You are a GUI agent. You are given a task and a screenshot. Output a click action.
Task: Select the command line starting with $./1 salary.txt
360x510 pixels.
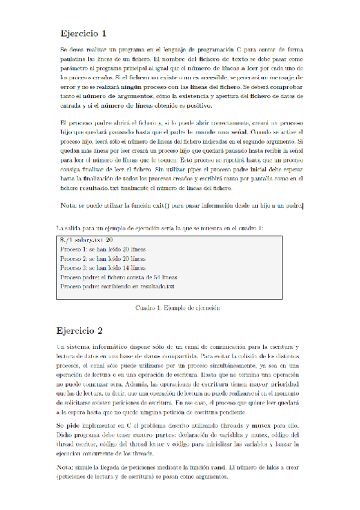pos(84,239)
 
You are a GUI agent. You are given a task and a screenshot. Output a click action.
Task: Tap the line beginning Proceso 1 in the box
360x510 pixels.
pos(103,248)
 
